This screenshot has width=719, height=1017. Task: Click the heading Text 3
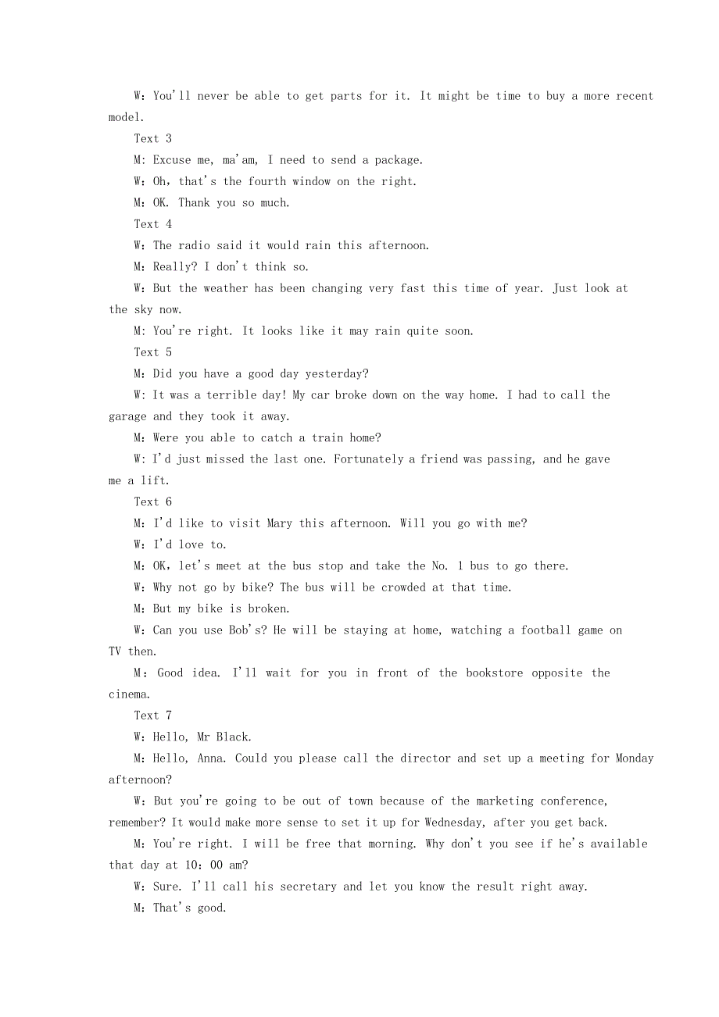tap(152, 138)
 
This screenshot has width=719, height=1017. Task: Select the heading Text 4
tap(152, 224)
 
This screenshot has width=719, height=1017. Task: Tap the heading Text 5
tap(152, 352)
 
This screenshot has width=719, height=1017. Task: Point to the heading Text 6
tap(152, 501)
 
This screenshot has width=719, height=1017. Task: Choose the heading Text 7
tap(152, 715)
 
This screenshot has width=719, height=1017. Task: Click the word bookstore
tap(495, 673)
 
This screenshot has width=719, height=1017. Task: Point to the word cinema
tap(127, 694)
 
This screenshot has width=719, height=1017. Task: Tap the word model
tap(125, 117)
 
